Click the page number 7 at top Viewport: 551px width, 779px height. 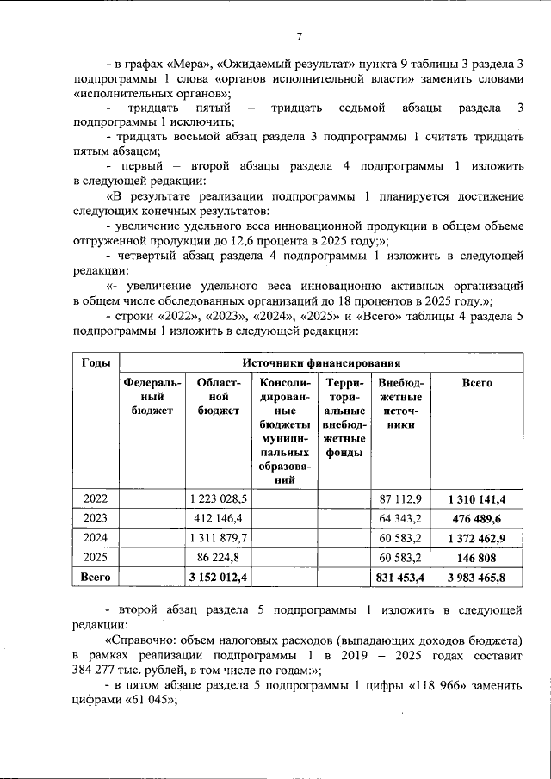(299, 36)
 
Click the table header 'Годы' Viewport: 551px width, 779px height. (95, 362)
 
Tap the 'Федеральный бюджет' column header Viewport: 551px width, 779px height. (152, 396)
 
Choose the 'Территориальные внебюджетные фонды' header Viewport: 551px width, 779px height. (344, 417)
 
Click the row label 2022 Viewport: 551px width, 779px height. (96, 498)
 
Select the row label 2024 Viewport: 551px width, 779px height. (96, 537)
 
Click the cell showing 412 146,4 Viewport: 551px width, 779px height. (222, 518)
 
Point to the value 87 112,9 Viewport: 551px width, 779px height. (399, 498)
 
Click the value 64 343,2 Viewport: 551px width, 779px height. (399, 518)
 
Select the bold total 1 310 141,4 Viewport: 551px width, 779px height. (476, 498)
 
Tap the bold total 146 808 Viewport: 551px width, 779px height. (476, 557)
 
